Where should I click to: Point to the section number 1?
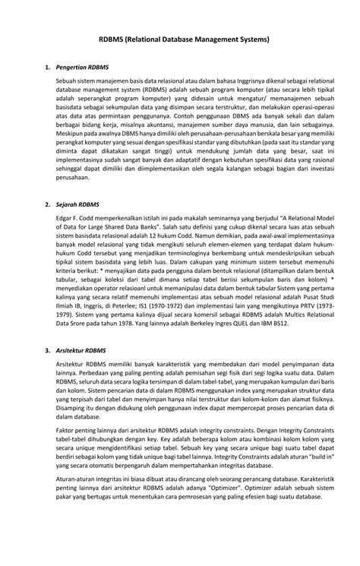(x=47, y=68)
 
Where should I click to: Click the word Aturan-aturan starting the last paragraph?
(x=77, y=502)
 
